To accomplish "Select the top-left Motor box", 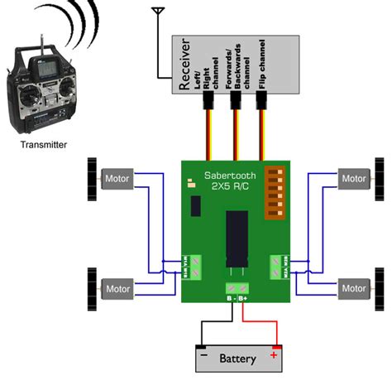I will click(115, 178).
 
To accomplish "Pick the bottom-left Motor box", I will click(117, 288).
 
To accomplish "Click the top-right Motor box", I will click(353, 178).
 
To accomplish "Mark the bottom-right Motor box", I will click(353, 288).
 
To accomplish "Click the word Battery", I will click(237, 358).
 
